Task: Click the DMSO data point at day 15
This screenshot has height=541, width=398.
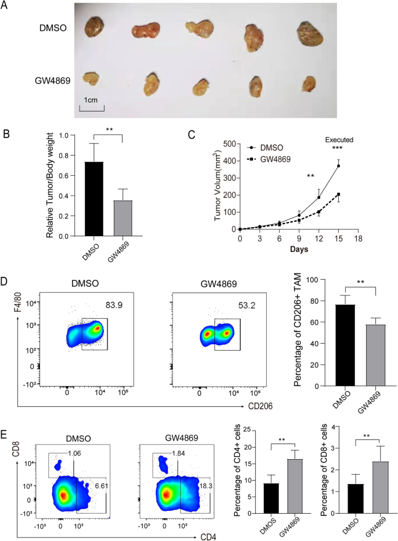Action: pyautogui.click(x=339, y=165)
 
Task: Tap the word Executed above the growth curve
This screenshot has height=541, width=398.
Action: pyautogui.click(x=339, y=139)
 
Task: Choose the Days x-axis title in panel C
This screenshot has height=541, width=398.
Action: pyautogui.click(x=299, y=249)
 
